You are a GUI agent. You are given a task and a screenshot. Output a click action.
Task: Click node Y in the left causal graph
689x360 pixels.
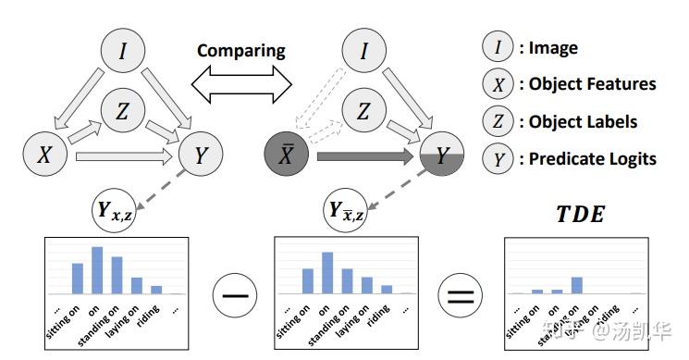point(201,156)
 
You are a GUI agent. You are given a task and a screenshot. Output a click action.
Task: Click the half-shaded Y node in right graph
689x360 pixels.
point(442,156)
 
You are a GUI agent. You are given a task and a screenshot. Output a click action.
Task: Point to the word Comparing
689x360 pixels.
point(243,50)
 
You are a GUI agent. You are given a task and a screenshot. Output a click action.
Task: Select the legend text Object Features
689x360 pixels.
point(592,84)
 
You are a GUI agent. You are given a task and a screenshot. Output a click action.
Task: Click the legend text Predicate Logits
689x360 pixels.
point(592,158)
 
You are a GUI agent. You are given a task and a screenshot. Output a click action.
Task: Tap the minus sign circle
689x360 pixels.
point(234,298)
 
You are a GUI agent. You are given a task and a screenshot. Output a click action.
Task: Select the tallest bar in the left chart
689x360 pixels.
point(97,269)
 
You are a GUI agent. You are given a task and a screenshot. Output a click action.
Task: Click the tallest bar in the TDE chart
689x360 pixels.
point(576,285)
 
